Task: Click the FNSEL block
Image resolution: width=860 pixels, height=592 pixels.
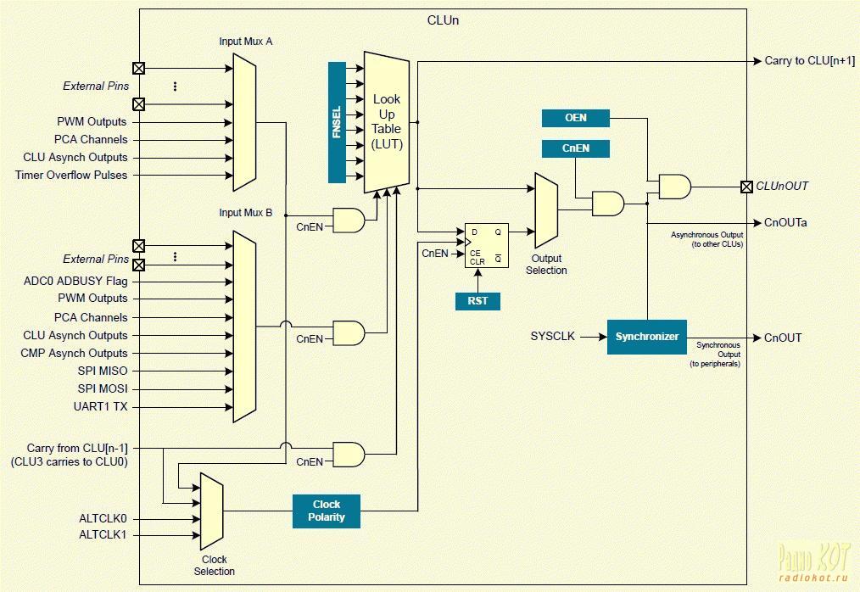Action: (337, 122)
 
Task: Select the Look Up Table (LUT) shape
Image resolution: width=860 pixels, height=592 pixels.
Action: (387, 122)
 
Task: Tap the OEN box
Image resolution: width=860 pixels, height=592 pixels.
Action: (575, 118)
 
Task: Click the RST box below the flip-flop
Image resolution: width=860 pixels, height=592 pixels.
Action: (477, 300)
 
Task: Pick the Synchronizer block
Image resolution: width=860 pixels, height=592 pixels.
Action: (646, 337)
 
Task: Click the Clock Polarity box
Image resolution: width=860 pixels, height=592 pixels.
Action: (327, 511)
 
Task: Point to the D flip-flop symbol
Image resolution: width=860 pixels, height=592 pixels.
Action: (487, 245)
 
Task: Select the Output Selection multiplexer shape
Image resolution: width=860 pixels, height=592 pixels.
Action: (546, 210)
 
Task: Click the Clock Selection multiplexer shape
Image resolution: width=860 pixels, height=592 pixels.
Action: (212, 511)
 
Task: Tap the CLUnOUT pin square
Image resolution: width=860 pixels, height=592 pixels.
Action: (746, 187)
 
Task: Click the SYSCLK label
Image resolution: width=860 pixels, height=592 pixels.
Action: (552, 337)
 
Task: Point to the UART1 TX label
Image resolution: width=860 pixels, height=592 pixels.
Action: (100, 406)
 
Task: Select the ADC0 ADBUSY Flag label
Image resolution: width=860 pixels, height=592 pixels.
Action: (75, 282)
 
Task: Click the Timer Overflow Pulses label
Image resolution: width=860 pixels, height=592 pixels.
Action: (71, 175)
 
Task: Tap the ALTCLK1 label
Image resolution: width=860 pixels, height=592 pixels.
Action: (103, 534)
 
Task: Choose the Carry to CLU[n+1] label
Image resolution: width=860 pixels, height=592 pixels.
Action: (810, 61)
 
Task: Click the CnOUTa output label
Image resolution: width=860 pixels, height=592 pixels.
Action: (785, 223)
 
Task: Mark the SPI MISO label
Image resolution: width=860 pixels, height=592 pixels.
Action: (103, 371)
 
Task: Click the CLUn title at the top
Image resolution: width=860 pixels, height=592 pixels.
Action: (444, 20)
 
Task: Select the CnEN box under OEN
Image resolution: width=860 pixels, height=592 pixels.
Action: (575, 148)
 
